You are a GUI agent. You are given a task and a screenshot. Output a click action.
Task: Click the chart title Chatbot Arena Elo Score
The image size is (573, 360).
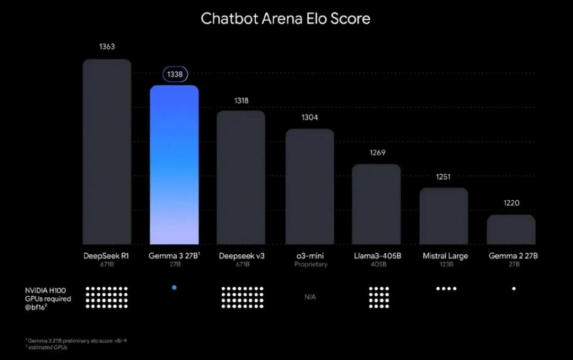(x=285, y=19)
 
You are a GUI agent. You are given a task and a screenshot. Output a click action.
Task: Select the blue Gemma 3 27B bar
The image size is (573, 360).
(x=175, y=165)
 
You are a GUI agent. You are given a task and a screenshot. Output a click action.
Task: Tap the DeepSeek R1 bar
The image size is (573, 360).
(x=107, y=152)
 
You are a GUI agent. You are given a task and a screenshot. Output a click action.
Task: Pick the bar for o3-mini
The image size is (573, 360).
(x=310, y=186)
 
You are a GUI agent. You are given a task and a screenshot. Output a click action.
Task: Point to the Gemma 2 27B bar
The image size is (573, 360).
(x=511, y=229)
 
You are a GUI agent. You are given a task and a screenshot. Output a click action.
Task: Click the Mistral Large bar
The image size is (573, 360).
(x=444, y=216)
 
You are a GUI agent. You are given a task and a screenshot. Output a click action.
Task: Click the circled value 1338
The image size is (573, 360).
(x=175, y=74)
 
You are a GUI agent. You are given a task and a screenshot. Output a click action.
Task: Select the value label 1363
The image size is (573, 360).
(x=107, y=47)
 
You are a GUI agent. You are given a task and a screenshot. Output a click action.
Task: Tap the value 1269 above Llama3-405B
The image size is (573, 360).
(x=378, y=152)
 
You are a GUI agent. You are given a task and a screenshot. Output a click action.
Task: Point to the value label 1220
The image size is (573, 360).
(x=511, y=203)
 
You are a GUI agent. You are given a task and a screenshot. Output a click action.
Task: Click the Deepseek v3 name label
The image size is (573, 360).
(x=241, y=256)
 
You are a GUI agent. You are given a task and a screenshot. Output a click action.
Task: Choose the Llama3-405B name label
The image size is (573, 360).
(x=378, y=256)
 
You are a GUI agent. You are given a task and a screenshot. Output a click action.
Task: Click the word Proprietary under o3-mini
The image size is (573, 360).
(x=311, y=264)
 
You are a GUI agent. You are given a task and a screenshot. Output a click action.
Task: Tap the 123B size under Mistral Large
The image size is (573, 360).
(x=446, y=264)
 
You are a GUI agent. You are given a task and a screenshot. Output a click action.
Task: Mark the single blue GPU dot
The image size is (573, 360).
(x=175, y=288)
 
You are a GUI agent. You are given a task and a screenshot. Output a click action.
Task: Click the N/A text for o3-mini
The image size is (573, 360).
(x=310, y=297)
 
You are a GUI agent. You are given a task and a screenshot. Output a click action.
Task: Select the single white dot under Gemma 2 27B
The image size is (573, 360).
(x=514, y=289)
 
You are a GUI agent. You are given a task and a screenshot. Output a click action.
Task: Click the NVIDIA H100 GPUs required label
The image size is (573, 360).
(x=48, y=299)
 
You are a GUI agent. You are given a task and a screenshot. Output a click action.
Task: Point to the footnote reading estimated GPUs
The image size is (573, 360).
(x=48, y=347)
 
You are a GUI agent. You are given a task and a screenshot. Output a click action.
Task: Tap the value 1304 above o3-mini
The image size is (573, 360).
(x=309, y=117)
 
